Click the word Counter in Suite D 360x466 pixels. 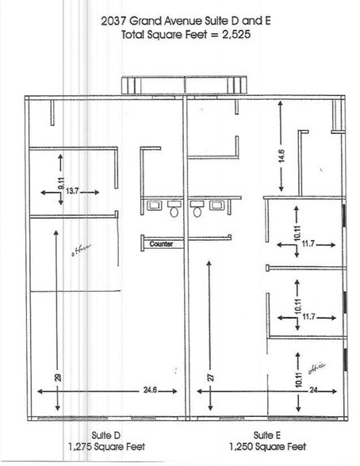tap(161, 245)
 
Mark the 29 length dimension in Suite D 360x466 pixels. tap(58, 379)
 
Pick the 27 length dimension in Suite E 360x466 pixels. tap(210, 379)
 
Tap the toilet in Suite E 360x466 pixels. tap(196, 213)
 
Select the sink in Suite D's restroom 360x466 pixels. tap(153, 205)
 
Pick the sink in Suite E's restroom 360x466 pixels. tap(216, 205)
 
